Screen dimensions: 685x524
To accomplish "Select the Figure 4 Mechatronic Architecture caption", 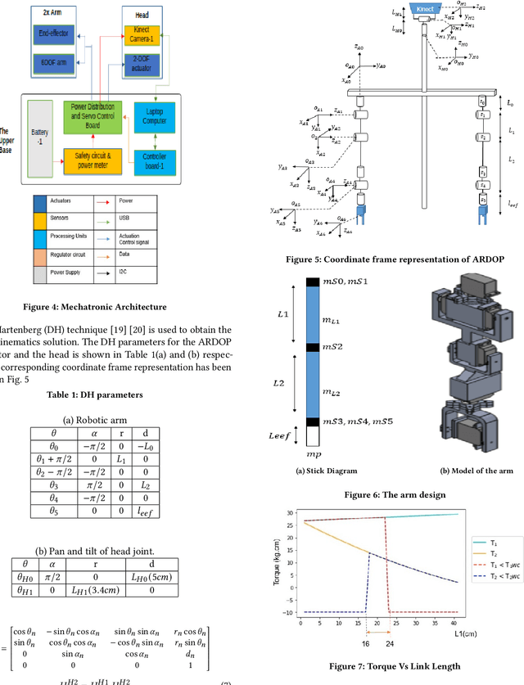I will click(107, 307).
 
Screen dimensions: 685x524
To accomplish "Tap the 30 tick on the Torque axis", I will click(288, 514).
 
